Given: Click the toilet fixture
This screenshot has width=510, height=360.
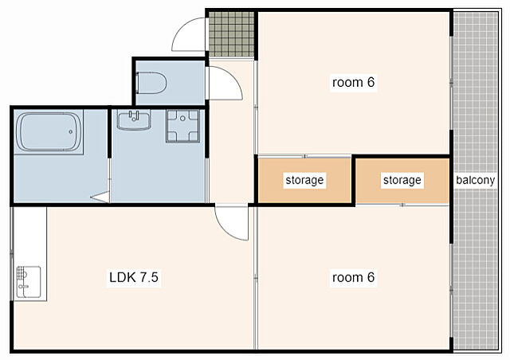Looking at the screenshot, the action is pyautogui.click(x=151, y=83).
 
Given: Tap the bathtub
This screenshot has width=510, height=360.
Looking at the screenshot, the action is pyautogui.click(x=49, y=131).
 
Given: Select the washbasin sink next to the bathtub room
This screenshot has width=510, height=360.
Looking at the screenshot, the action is pyautogui.click(x=134, y=120).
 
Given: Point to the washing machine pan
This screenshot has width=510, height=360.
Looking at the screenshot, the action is pyautogui.click(x=182, y=126).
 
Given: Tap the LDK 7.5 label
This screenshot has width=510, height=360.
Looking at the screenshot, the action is pyautogui.click(x=134, y=277).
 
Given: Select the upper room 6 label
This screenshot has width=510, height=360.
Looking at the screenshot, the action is pyautogui.click(x=354, y=82).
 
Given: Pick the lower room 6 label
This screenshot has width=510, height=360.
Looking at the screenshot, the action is pyautogui.click(x=354, y=277).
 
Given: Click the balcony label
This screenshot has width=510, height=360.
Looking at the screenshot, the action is pyautogui.click(x=475, y=180).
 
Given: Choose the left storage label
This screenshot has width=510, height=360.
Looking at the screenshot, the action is pyautogui.click(x=304, y=180).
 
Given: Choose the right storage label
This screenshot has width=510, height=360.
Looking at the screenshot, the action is pyautogui.click(x=402, y=180).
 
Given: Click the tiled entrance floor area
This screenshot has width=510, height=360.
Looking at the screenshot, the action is pyautogui.click(x=231, y=34).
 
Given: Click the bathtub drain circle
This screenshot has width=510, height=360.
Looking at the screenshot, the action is pyautogui.click(x=71, y=131).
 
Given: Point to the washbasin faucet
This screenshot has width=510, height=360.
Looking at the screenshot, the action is pyautogui.click(x=134, y=115).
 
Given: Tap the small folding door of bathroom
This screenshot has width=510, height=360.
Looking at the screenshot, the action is pyautogui.click(x=101, y=197).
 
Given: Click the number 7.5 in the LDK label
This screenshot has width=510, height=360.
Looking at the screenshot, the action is pyautogui.click(x=149, y=277).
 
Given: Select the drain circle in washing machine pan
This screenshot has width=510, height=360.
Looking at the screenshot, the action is pyautogui.click(x=182, y=119).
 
